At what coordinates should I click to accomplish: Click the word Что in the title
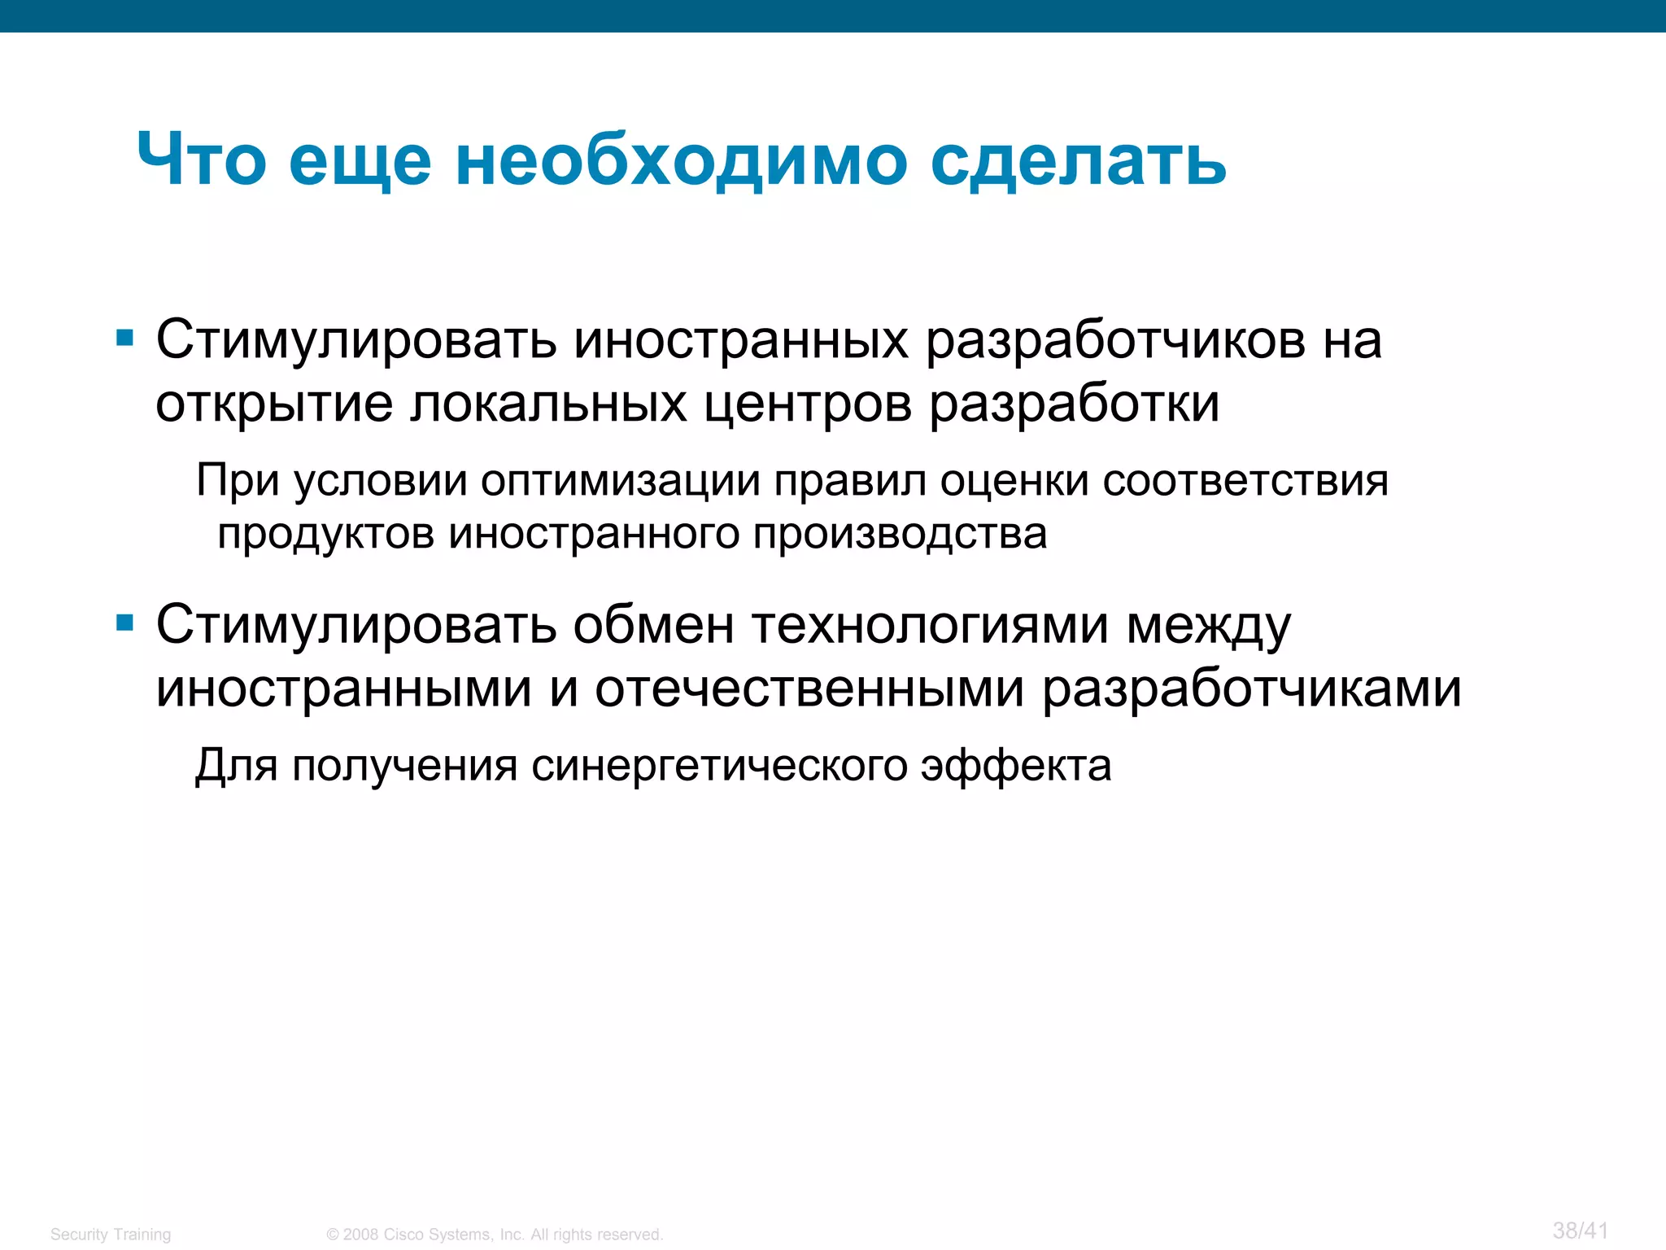click(x=201, y=160)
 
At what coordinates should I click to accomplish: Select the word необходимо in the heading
click(x=681, y=160)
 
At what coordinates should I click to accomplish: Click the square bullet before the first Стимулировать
click(x=124, y=337)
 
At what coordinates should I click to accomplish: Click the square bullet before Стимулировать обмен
click(x=124, y=623)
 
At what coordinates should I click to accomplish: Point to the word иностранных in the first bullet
click(x=741, y=340)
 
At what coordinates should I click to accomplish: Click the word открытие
click(x=273, y=404)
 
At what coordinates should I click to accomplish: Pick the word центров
click(x=808, y=404)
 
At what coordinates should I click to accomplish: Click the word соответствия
click(x=1245, y=481)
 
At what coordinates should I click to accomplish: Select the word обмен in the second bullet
click(x=653, y=626)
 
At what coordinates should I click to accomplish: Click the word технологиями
click(x=930, y=626)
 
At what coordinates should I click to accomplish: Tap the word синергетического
click(x=719, y=766)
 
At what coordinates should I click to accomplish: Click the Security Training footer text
click(x=111, y=1234)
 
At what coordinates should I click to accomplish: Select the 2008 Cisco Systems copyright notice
click(x=495, y=1234)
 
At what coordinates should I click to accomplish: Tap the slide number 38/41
click(x=1580, y=1230)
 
